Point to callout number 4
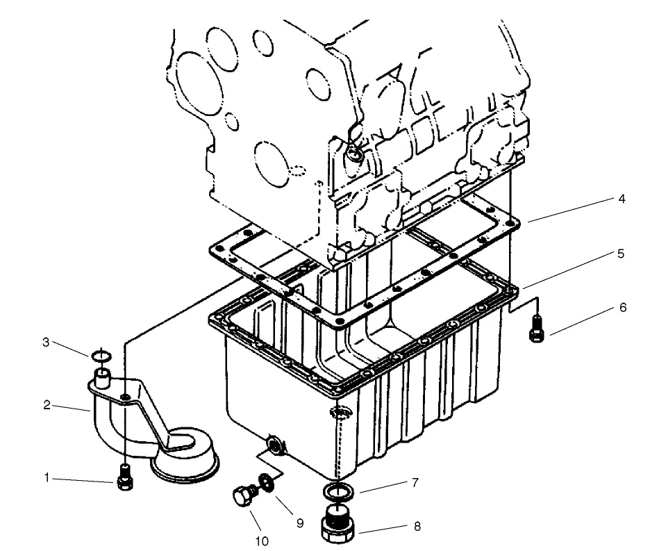[621, 199]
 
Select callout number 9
[300, 523]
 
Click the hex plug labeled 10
[242, 496]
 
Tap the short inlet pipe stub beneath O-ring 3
[102, 379]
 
